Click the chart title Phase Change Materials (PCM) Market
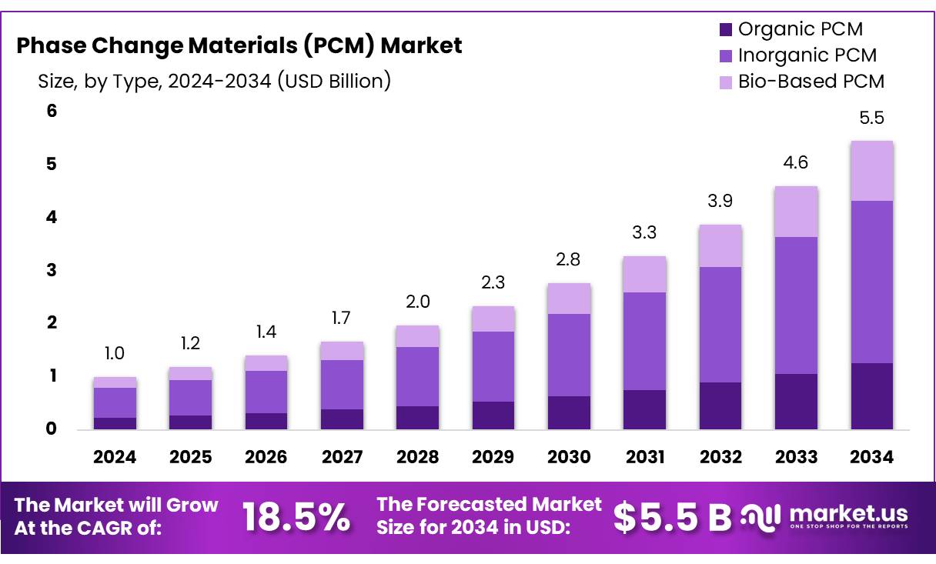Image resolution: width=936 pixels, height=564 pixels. tap(239, 46)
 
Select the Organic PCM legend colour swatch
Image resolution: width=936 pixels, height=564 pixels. tap(725, 30)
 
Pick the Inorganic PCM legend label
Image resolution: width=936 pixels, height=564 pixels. tap(807, 55)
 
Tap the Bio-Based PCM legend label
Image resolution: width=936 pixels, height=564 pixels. tap(811, 81)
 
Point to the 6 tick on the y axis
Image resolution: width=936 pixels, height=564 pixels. tap(52, 111)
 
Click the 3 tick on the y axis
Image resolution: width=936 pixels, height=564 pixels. tap(52, 270)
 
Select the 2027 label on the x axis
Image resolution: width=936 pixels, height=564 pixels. tap(342, 458)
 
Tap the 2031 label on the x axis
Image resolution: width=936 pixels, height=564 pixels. tap(645, 458)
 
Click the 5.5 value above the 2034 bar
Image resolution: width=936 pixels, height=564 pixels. tap(871, 118)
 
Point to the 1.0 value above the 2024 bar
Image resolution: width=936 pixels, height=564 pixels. tap(115, 354)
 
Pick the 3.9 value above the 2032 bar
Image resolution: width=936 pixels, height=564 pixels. tap(720, 202)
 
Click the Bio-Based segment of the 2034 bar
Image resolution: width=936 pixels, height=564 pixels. tap(871, 171)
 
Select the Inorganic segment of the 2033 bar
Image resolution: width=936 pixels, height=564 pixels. tap(796, 305)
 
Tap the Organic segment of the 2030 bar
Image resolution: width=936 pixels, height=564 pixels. tap(569, 412)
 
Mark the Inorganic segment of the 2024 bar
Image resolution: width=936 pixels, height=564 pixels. tap(115, 402)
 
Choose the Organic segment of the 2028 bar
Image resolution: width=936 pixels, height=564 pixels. tap(417, 417)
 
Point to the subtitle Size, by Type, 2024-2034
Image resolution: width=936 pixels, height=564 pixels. tap(214, 81)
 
